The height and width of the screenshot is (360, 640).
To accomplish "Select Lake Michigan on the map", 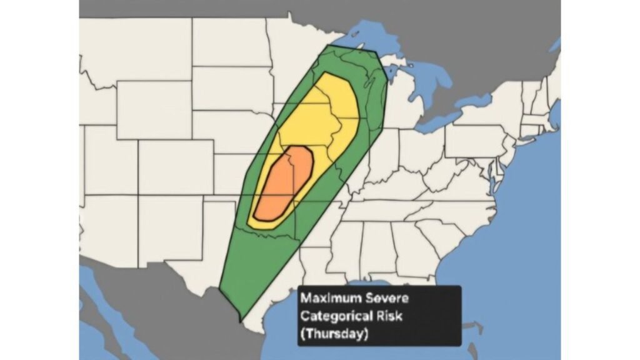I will coord(392,94).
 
